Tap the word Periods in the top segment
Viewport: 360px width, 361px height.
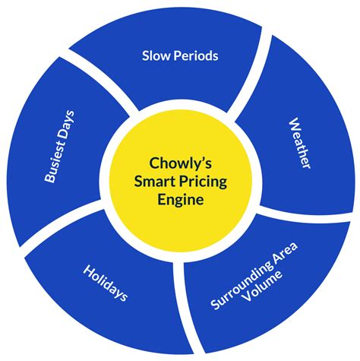(x=197, y=56)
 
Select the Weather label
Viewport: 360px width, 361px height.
(x=298, y=144)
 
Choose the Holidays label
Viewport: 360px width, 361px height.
(x=105, y=283)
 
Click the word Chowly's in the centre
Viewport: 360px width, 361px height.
(x=179, y=162)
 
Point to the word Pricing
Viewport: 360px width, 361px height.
(x=198, y=182)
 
